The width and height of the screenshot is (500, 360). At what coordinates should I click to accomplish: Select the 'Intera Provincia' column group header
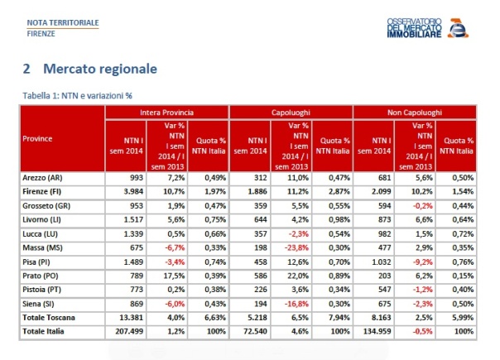[166, 112]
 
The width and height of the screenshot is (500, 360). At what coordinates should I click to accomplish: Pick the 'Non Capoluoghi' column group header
[415, 112]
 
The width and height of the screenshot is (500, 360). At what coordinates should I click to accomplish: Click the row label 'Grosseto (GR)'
[49, 204]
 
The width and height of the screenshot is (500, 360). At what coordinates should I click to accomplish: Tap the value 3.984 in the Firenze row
[132, 190]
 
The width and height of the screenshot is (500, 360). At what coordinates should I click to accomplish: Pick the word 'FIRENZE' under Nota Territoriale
[42, 34]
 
